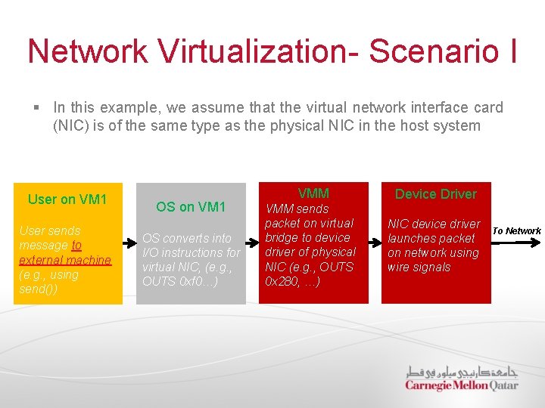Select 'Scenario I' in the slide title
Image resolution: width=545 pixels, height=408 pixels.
click(x=442, y=51)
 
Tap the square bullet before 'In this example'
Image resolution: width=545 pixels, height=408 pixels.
click(x=38, y=109)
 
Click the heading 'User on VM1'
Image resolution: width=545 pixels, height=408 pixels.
click(x=67, y=199)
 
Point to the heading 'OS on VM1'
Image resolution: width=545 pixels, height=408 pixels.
click(x=191, y=206)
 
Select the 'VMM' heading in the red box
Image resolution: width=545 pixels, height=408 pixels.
click(x=313, y=193)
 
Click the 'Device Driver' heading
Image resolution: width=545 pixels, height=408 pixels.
click(x=436, y=194)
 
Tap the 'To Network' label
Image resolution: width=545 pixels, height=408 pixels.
click(x=517, y=230)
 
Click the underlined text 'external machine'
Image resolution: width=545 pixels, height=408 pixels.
click(x=65, y=260)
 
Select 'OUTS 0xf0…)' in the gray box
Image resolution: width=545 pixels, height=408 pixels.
click(x=181, y=282)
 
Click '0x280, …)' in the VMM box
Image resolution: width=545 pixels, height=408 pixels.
click(x=292, y=281)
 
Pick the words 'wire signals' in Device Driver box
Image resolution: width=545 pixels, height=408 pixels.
click(x=419, y=267)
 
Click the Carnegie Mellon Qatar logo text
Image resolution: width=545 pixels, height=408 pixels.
click(x=461, y=385)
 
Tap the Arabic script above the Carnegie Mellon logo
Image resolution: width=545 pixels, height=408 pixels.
click(x=461, y=371)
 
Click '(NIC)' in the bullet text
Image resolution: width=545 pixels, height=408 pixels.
click(x=70, y=125)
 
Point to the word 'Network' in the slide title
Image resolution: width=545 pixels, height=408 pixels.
click(x=88, y=51)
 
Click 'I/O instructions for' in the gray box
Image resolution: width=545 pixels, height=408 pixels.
click(x=191, y=252)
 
